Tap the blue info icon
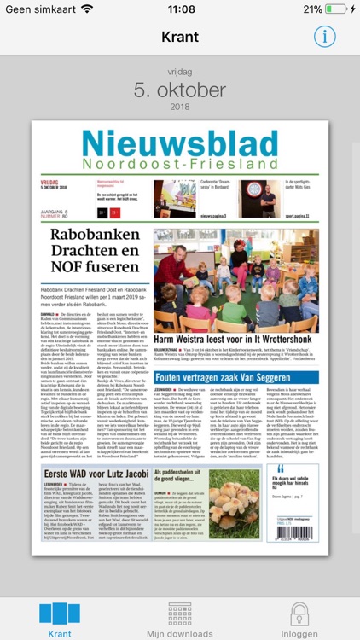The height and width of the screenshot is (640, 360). pos(324,37)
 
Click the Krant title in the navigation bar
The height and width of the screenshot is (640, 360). pos(180,37)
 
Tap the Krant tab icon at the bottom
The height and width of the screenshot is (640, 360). pos(60,614)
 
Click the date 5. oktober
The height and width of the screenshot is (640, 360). pos(180,90)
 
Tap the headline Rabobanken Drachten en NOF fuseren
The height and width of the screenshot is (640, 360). pos(94,250)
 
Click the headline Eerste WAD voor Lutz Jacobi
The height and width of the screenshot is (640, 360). pos(94,475)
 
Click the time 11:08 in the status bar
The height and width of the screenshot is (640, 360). pos(181,9)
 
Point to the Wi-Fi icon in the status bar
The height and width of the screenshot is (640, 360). pos(87,9)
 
